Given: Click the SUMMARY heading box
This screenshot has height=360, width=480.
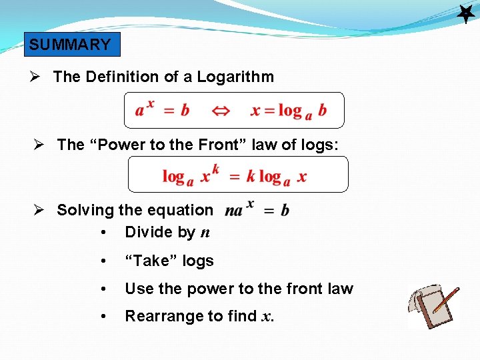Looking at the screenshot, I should (70, 45).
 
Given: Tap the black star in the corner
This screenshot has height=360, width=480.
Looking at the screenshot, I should (465, 13).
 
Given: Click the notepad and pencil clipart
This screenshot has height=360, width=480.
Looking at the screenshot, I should (433, 305).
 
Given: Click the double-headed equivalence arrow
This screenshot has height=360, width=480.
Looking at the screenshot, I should (221, 111).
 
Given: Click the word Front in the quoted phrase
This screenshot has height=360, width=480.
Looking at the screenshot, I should (223, 145).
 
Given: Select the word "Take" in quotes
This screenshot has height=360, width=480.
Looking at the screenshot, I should (151, 261).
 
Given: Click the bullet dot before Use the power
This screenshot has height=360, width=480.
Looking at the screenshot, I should (102, 289).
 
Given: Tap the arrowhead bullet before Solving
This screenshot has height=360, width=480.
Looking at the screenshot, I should (41, 210).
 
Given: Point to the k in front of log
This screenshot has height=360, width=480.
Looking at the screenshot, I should (251, 177).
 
